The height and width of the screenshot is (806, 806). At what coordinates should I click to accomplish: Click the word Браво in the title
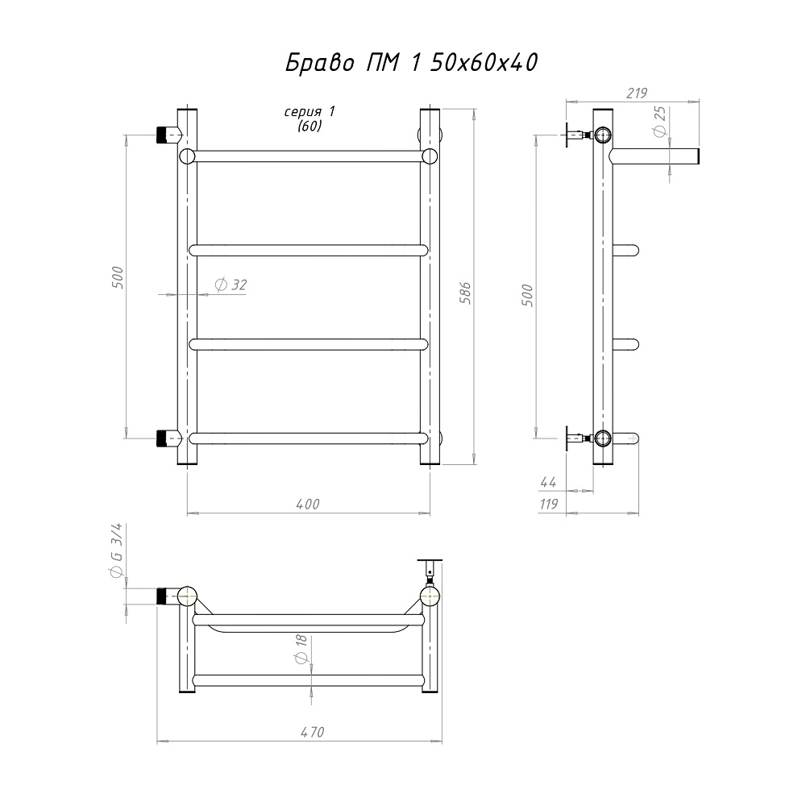[320, 63]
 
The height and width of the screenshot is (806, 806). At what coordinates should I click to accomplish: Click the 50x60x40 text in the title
[484, 63]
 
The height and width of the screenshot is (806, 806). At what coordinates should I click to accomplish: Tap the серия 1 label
[310, 112]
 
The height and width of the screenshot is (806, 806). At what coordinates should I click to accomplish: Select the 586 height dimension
[465, 293]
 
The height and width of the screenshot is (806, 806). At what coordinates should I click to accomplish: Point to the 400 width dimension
[308, 505]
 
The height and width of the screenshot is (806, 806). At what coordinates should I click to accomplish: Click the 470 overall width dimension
[313, 732]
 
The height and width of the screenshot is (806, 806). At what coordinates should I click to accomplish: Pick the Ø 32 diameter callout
[231, 285]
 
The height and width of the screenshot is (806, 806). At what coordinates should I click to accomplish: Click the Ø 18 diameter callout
[301, 649]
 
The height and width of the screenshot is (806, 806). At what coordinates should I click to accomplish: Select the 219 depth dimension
[637, 93]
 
